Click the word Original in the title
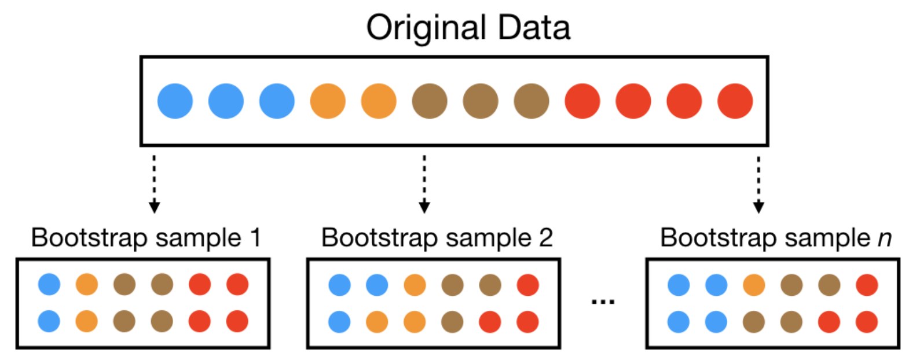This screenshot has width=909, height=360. pyautogui.click(x=426, y=28)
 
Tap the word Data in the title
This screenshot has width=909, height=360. pyautogui.click(x=534, y=28)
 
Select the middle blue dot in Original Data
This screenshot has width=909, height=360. pyautogui.click(x=226, y=101)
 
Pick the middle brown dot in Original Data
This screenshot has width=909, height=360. pyautogui.click(x=481, y=101)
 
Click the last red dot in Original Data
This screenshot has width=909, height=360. pyautogui.click(x=735, y=101)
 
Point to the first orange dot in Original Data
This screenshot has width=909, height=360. pyautogui.click(x=328, y=101)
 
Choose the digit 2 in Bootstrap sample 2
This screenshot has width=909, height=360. pyautogui.click(x=545, y=238)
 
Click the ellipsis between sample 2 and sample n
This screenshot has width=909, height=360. pyautogui.click(x=603, y=301)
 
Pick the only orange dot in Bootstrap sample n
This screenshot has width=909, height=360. pyautogui.click(x=754, y=285)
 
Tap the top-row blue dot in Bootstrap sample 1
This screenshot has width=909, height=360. pyautogui.click(x=49, y=284)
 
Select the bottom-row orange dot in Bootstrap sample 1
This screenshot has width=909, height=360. pyautogui.click(x=87, y=321)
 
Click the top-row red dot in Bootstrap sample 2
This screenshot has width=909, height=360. pyautogui.click(x=527, y=285)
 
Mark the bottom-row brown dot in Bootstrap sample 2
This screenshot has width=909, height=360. pyautogui.click(x=452, y=322)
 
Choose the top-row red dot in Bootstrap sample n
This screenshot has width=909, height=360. pyautogui.click(x=867, y=285)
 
